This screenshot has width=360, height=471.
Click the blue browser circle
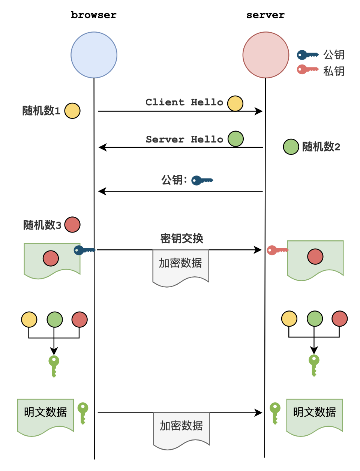94,55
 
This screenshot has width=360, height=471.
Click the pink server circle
265,55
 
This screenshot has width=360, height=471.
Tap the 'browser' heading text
94,15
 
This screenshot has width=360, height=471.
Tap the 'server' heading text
265,15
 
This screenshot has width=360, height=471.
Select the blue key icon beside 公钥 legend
307,55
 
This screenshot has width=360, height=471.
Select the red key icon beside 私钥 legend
307,69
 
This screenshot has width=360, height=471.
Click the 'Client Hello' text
184,102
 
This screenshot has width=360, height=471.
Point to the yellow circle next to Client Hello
235,103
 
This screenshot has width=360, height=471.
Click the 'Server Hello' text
184,139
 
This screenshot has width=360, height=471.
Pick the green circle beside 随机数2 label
291,147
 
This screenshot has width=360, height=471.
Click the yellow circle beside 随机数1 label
72,111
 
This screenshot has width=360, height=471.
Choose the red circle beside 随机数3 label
72,225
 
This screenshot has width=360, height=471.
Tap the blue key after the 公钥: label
202,181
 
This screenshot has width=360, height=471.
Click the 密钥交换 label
181,238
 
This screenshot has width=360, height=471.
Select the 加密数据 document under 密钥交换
181,265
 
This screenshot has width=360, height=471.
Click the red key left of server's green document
277,250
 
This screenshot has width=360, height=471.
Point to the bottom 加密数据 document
181,428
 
